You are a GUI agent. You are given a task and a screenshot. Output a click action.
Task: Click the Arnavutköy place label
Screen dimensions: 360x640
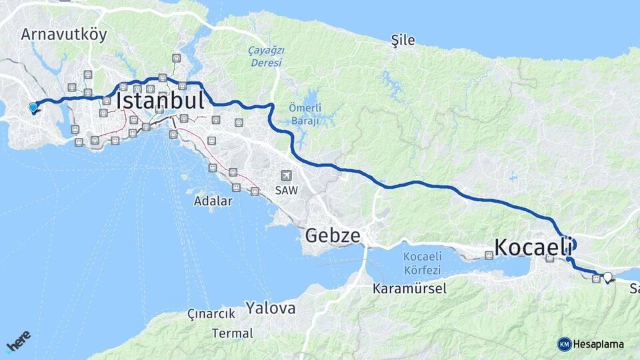(x=63, y=35)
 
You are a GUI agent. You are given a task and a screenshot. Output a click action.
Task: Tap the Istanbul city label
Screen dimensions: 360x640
(x=160, y=101)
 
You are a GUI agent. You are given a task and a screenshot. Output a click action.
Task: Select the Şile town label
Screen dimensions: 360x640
(x=403, y=41)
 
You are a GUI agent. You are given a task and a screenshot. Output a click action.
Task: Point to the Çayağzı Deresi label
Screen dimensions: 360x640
(x=265, y=57)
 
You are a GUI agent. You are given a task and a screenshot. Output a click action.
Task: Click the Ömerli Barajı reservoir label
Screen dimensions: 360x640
(x=305, y=114)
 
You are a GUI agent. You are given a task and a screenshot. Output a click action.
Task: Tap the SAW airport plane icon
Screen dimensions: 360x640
(x=287, y=175)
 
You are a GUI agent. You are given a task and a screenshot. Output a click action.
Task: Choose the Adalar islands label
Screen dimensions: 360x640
(x=213, y=200)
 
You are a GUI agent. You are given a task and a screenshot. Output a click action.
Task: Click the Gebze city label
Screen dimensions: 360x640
(x=333, y=235)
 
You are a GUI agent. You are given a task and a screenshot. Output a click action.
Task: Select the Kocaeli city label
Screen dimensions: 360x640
(x=533, y=247)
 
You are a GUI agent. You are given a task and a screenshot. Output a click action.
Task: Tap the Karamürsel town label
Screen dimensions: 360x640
(x=410, y=288)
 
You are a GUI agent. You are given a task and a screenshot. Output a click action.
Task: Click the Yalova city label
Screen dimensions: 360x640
(x=270, y=308)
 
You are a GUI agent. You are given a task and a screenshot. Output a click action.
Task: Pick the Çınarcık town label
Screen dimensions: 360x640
(x=211, y=314)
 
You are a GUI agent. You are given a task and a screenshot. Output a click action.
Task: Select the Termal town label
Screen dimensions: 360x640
(x=233, y=333)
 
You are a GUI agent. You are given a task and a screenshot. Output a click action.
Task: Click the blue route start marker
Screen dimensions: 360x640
(x=33, y=107)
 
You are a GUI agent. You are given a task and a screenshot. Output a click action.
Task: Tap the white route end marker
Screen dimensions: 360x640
(x=607, y=276)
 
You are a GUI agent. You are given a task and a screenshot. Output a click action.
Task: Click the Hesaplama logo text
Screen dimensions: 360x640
(x=599, y=344)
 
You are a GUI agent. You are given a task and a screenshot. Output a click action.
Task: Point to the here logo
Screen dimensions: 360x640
(x=19, y=341)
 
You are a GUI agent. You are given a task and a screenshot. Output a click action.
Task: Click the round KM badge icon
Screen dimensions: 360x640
(x=565, y=344)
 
